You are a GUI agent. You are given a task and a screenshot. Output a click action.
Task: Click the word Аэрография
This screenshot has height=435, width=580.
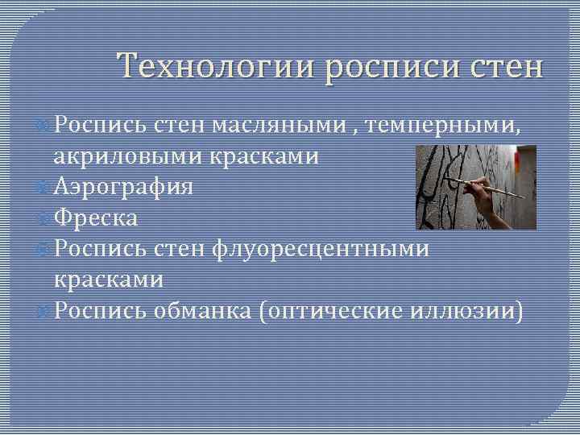[123, 187]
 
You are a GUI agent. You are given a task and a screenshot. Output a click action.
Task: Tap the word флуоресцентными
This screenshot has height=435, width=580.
[321, 249]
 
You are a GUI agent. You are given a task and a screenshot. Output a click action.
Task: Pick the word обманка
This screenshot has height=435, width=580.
[202, 311]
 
